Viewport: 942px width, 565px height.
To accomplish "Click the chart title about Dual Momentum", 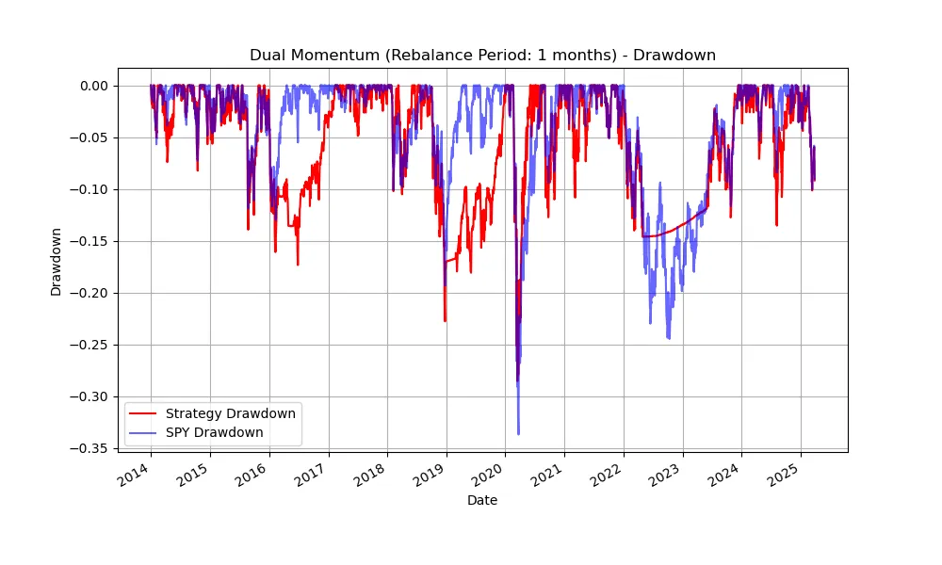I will point(482,55).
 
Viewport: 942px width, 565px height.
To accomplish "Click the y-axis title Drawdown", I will point(57,262).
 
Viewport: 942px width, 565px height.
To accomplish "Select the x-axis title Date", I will point(482,501).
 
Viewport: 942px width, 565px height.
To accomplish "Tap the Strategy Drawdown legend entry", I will point(230,413).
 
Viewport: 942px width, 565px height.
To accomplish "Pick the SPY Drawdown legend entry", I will point(214,432).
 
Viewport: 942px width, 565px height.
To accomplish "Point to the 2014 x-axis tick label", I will point(138,474).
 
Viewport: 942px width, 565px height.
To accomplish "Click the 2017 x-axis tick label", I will point(315,474).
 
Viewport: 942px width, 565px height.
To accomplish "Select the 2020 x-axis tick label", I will point(492,474).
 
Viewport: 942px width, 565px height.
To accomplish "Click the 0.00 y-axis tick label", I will point(93,86).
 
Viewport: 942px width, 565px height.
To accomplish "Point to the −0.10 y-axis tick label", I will point(89,189).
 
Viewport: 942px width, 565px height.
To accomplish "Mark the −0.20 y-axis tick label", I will point(89,293).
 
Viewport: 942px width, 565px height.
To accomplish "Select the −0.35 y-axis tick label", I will point(89,448).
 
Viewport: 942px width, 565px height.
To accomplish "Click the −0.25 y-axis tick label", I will point(89,345).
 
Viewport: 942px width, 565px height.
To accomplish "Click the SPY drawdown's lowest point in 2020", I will point(518,434).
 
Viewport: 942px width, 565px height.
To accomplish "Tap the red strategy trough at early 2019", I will point(445,321).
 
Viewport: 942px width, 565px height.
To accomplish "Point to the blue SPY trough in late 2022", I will point(669,338).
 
